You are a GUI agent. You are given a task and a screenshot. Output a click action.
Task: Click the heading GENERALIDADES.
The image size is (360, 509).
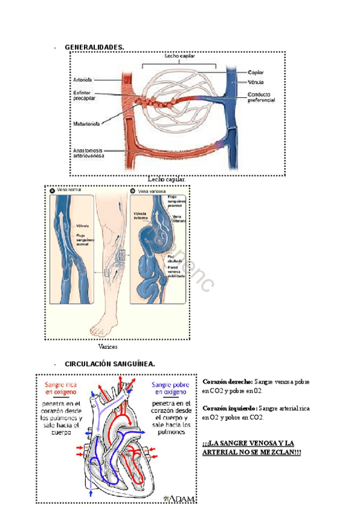[x=94, y=47]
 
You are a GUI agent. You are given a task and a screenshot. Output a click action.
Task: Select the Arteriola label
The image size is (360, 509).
[x=82, y=79]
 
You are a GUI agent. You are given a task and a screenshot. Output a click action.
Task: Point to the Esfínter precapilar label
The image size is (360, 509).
[x=83, y=96]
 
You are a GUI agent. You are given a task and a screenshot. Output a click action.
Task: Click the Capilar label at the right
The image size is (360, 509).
[x=256, y=73]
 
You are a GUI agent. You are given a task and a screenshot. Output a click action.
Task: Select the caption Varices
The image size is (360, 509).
[x=107, y=346]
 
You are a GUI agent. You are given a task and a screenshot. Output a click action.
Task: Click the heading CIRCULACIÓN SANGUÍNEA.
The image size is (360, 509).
[x=110, y=364]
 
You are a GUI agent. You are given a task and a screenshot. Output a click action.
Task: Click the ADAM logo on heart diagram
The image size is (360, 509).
[x=178, y=498]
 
